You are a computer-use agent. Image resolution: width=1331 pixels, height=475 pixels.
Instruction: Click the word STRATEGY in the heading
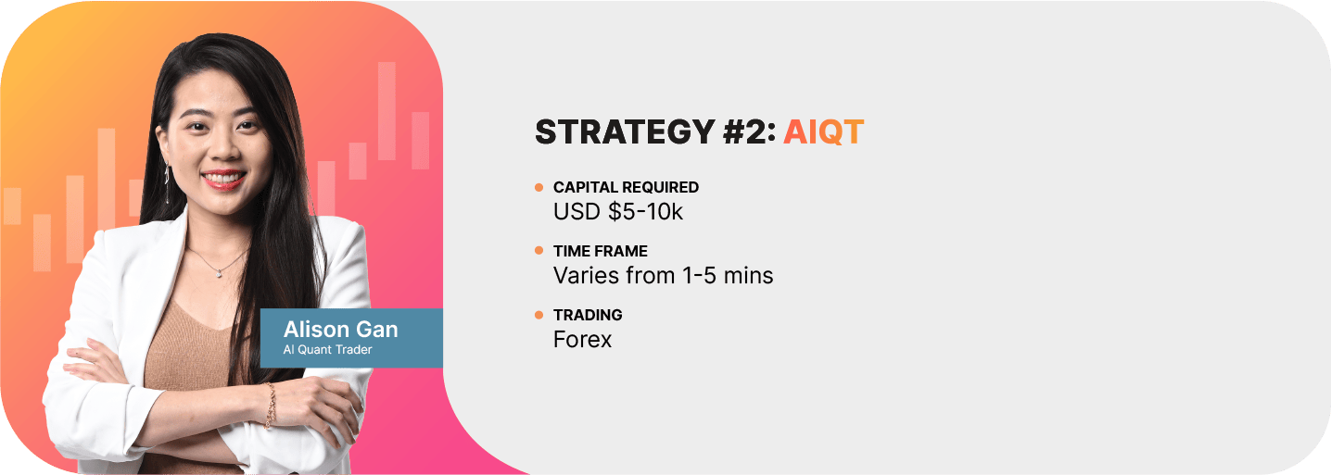click(625, 131)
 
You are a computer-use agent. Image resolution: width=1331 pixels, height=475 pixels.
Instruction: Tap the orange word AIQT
click(824, 131)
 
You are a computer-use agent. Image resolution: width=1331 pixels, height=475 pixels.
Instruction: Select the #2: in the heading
click(749, 131)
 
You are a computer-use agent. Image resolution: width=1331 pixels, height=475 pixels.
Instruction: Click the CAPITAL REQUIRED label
click(626, 187)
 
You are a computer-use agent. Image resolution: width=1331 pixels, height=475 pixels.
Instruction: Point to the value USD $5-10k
click(618, 212)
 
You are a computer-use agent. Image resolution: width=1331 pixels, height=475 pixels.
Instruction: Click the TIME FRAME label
click(600, 251)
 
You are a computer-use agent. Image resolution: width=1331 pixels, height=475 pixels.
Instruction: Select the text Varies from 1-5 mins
click(663, 276)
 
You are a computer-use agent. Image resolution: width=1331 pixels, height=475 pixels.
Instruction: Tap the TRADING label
click(588, 315)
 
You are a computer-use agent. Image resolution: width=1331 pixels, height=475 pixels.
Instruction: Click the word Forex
click(582, 340)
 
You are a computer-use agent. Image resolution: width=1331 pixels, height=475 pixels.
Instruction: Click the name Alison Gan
click(340, 330)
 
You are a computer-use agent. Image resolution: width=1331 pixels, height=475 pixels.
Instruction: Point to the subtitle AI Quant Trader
click(327, 350)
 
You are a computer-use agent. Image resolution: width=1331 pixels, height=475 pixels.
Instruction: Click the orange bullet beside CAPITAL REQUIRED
click(539, 188)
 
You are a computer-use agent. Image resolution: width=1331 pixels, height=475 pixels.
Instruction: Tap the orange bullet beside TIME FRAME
click(539, 251)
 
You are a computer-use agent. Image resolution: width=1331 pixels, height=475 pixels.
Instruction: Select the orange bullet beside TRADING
click(539, 315)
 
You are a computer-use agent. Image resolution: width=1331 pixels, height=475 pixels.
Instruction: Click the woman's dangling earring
click(167, 183)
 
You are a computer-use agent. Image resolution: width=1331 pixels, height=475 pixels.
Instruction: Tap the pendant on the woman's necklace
click(220, 273)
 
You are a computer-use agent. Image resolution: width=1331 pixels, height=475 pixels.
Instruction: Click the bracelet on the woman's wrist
click(271, 406)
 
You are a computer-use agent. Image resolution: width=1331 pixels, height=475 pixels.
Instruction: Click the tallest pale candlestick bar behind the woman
click(387, 111)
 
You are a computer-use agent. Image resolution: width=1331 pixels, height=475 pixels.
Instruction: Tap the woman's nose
click(223, 147)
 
